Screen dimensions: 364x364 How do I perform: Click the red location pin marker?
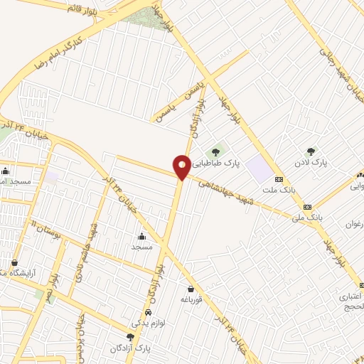[x=182, y=167]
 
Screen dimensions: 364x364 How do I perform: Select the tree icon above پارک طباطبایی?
[x=215, y=151]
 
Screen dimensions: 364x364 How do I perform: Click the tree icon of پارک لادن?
[x=311, y=151]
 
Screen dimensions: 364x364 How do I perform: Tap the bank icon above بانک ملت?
[x=279, y=179]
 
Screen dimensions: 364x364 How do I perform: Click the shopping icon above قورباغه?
[x=191, y=289]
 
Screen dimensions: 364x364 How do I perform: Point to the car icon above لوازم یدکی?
[x=147, y=313]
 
